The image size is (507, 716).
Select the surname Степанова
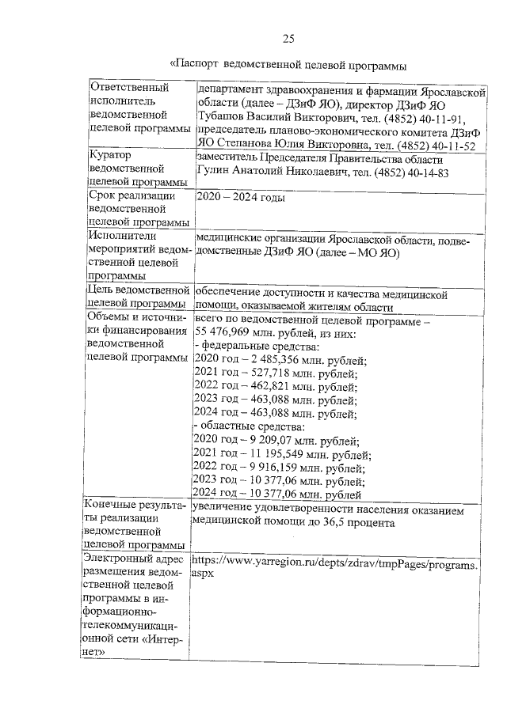pos(248,146)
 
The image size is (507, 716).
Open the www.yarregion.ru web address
pos(335,565)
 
